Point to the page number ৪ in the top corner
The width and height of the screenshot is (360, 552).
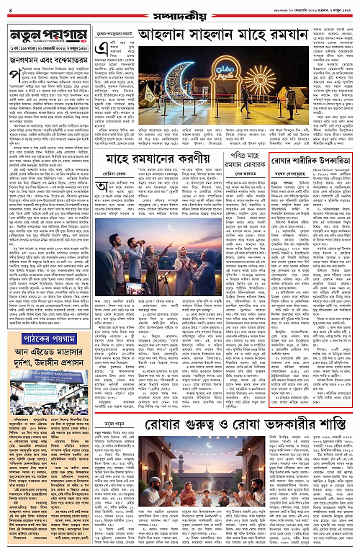(x=7, y=8)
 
